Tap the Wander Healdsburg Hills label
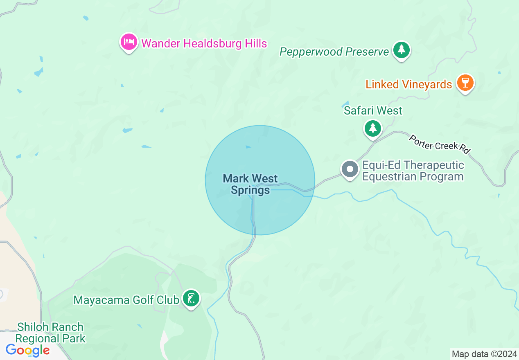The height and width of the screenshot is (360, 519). pos(204,43)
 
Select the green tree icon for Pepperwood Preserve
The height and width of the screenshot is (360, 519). pos(402,49)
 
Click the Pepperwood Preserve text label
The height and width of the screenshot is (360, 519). pos(334,52)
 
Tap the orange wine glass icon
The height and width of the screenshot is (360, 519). pos(465,82)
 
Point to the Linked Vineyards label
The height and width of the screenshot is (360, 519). pos(408,85)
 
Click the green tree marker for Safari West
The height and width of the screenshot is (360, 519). pos(372,128)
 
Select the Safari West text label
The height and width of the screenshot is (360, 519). pos(373,110)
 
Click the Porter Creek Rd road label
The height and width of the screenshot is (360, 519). pos(439,144)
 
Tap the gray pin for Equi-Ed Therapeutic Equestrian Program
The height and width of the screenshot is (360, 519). pos(350,169)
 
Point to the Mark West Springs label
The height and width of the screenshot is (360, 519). pos(250,184)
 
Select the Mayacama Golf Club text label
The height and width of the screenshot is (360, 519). pos(126,300)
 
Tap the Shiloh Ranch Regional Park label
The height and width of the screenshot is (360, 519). pos(50,333)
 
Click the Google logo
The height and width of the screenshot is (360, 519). pos(27,351)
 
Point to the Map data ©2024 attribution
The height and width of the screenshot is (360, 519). pos(484,354)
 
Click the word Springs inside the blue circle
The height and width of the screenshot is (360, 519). pos(250,190)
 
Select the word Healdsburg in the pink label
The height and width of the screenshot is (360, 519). pos(207,43)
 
